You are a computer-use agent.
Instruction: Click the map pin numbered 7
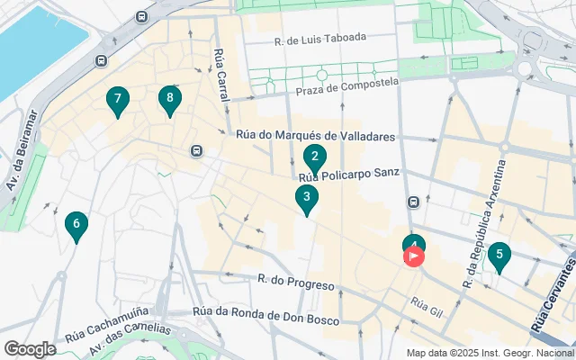(x=116, y=101)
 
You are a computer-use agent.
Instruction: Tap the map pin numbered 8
(x=168, y=99)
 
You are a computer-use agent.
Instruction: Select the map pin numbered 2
(x=314, y=158)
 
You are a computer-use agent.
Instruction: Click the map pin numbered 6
(x=76, y=225)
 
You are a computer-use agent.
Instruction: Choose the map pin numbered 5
(x=499, y=256)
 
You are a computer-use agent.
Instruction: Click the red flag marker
(x=414, y=256)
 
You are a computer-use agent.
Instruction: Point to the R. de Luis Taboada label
(x=320, y=38)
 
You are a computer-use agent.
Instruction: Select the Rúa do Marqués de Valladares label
(x=315, y=137)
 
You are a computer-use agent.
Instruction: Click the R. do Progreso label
(x=295, y=282)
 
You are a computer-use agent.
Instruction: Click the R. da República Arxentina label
(x=484, y=223)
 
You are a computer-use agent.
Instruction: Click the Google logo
(x=30, y=348)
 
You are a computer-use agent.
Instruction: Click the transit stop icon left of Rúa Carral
(x=196, y=151)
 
